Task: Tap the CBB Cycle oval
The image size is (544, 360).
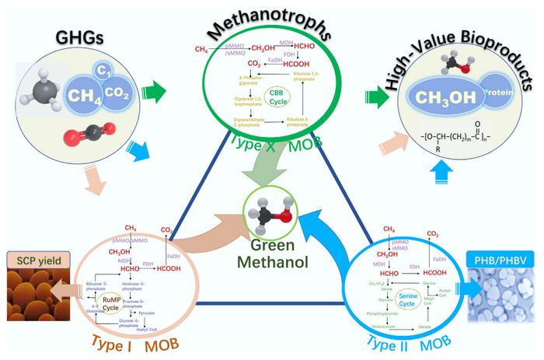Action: [x=277, y=96]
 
